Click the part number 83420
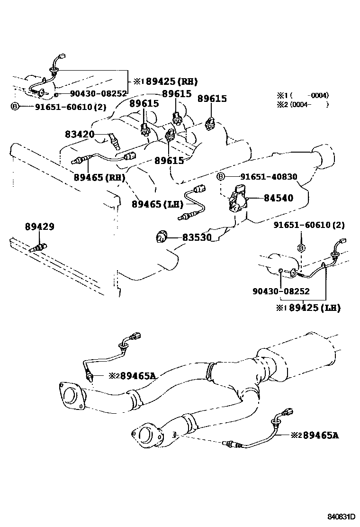[80, 135]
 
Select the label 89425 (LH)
[313, 308]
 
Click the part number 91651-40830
[268, 177]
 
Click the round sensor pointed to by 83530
[162, 236]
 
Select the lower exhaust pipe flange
[147, 436]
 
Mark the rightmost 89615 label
[212, 99]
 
